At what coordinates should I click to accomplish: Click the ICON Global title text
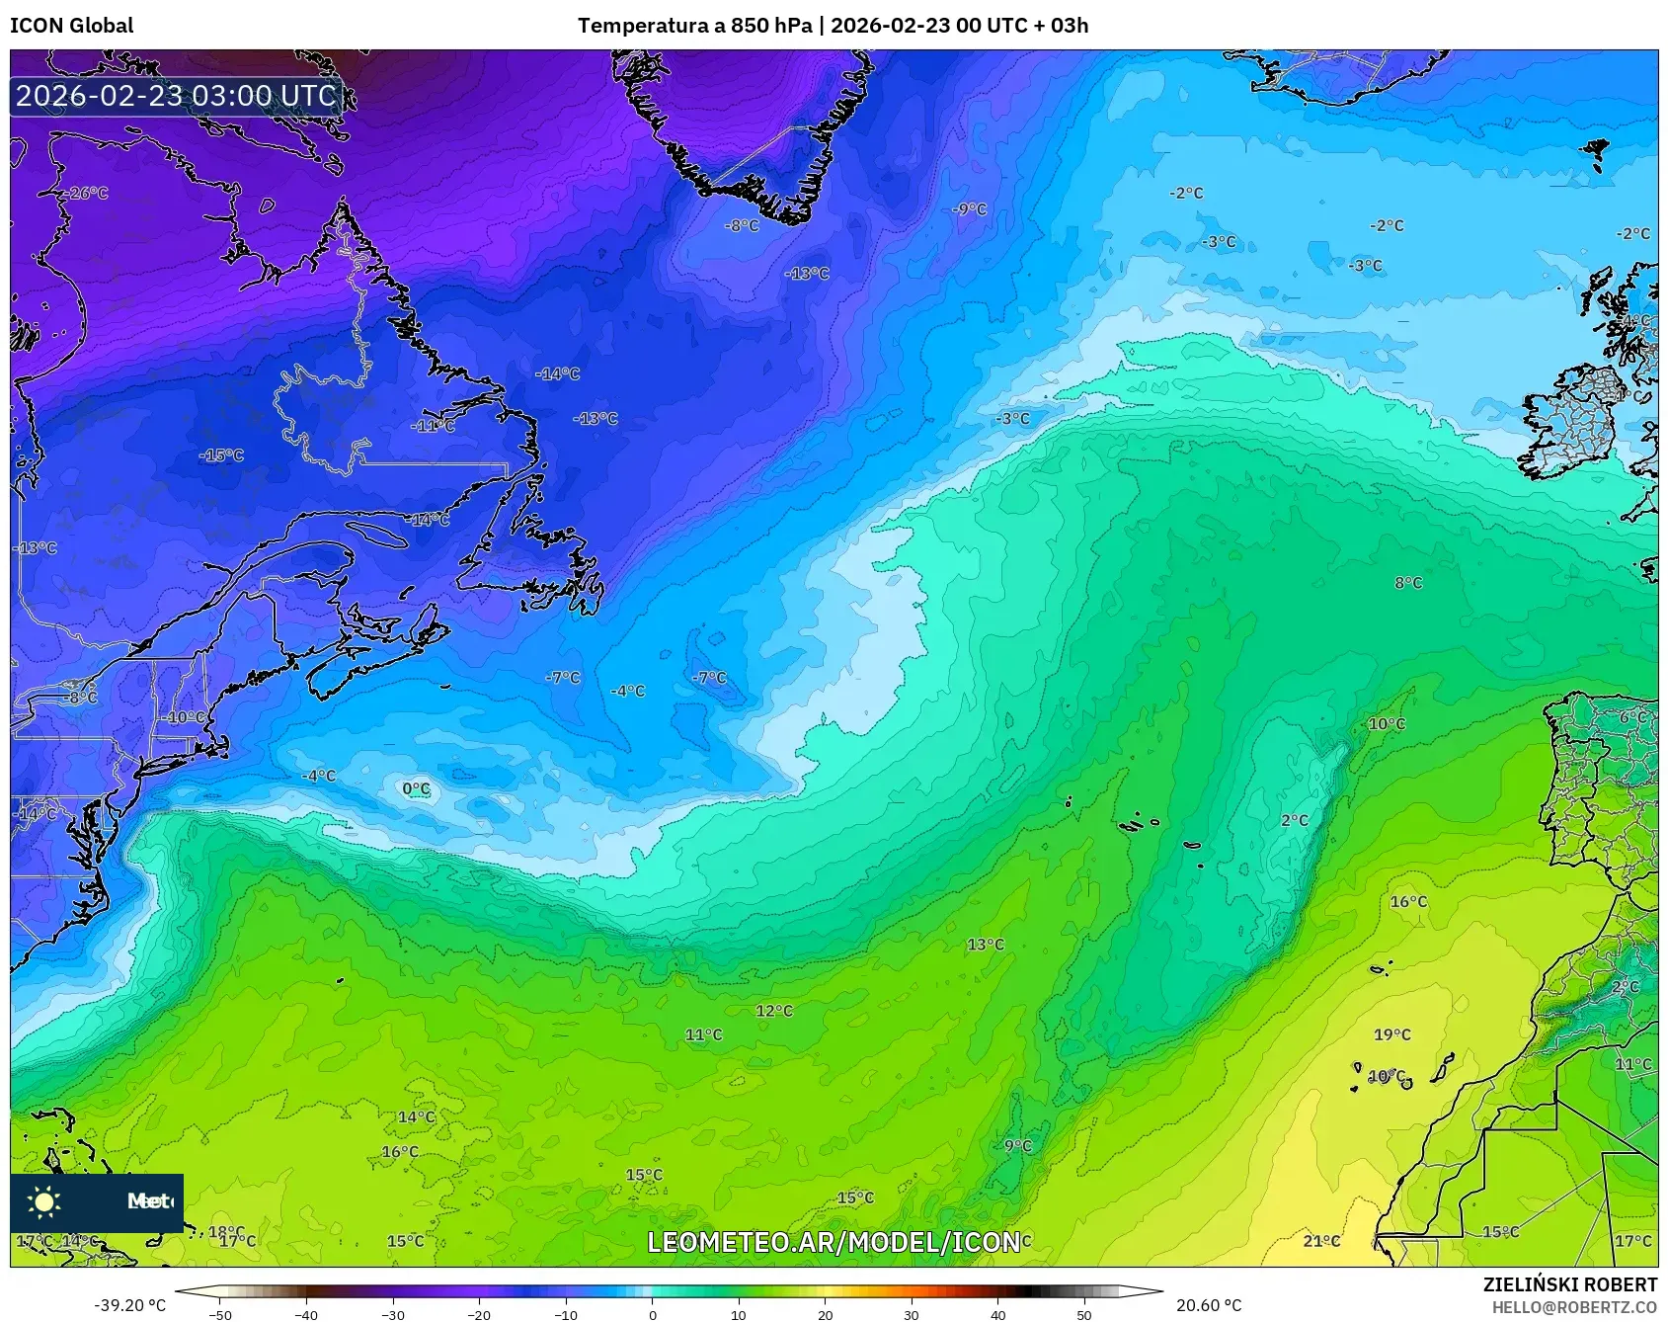click(x=71, y=26)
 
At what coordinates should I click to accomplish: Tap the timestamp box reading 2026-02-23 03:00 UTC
click(x=177, y=96)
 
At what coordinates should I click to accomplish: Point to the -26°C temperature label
click(x=87, y=193)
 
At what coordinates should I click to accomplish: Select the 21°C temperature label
click(x=1321, y=1241)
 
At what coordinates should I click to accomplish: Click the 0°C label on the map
click(x=417, y=788)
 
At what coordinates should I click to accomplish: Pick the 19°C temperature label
click(x=1391, y=1034)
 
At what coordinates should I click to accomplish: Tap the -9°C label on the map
click(x=969, y=208)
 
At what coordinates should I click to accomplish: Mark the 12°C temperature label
click(x=773, y=1011)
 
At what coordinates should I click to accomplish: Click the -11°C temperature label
click(x=434, y=426)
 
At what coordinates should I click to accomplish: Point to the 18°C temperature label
click(x=226, y=1231)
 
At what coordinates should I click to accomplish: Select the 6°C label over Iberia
click(x=1632, y=717)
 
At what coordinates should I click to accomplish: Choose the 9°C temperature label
click(x=1017, y=1145)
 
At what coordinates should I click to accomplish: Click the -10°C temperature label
click(x=185, y=717)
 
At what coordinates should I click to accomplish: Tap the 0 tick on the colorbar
click(x=652, y=1314)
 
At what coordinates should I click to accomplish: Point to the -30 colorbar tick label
click(x=393, y=1314)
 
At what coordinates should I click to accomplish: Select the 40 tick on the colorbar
click(x=997, y=1314)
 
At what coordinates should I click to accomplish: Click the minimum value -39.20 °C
click(x=129, y=1305)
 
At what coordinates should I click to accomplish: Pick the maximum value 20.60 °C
click(x=1209, y=1305)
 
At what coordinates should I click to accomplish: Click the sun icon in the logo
click(x=44, y=1201)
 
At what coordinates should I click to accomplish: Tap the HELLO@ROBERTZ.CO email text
click(x=1574, y=1307)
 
